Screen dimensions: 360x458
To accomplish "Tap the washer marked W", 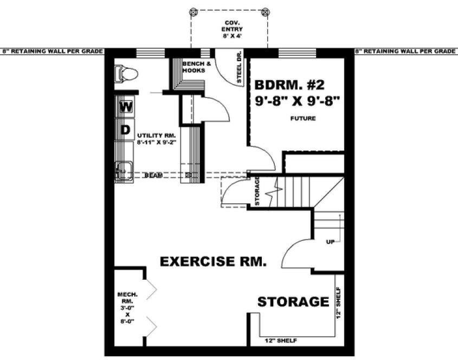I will [126, 107].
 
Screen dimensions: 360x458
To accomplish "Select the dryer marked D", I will [125, 130].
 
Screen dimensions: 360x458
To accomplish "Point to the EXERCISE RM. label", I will [213, 262].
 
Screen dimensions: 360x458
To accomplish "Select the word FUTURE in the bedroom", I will [303, 118].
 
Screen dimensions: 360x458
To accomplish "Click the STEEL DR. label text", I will [240, 68].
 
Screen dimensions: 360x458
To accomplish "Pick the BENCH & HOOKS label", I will [193, 67].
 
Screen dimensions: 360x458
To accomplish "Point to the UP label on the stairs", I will [330, 241].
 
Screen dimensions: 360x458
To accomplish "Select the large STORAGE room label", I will [293, 301].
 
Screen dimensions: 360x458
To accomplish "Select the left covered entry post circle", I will [191, 11].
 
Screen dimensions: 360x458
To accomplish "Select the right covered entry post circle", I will [265, 11].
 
